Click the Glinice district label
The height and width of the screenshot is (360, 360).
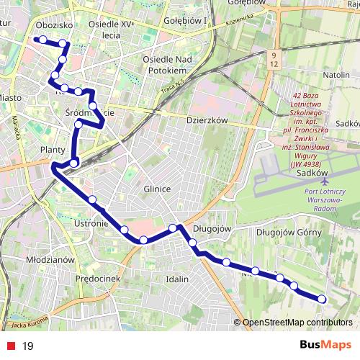point(156,189)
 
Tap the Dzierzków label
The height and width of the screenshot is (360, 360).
point(207,121)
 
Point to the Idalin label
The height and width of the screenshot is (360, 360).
point(176,278)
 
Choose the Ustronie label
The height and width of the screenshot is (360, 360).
point(91,224)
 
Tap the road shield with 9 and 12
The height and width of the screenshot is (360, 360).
point(274,59)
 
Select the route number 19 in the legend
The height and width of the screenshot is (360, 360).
point(28,346)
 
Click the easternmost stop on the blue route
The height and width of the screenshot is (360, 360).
point(322,299)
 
